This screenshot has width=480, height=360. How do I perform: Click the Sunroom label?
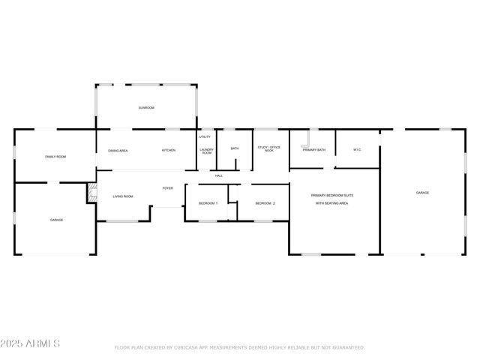[x=145, y=108]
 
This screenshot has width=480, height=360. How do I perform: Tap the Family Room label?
[x=55, y=157]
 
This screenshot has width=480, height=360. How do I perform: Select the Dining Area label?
[x=118, y=151]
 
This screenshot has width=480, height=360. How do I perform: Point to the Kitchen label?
[x=169, y=151]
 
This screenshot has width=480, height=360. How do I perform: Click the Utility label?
[x=205, y=137]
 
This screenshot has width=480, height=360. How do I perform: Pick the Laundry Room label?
[x=206, y=151]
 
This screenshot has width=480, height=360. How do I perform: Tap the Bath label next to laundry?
[x=235, y=148]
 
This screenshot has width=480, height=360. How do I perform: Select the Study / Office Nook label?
[x=269, y=148]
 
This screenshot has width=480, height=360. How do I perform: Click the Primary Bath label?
[x=313, y=150]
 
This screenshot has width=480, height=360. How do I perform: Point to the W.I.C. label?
[x=358, y=150]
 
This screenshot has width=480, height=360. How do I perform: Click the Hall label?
[x=219, y=176]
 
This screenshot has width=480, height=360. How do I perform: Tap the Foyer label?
[x=168, y=188]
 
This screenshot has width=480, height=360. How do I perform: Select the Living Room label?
[x=123, y=196]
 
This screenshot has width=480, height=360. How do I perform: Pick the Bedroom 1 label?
[x=208, y=203]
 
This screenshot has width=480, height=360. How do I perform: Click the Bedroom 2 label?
[x=265, y=203]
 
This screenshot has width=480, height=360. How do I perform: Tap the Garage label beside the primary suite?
[x=422, y=193]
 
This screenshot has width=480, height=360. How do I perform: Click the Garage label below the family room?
[x=56, y=220]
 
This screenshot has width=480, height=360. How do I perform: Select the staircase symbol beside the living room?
[x=91, y=193]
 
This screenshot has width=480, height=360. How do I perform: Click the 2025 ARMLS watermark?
[x=30, y=343]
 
